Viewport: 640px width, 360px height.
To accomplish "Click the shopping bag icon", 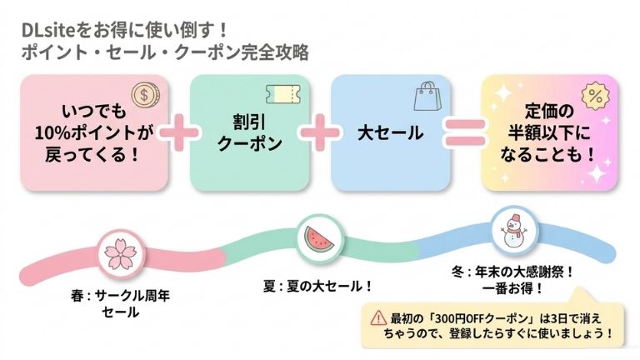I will point(427,95).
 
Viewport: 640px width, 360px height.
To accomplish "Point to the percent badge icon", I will point(596,94).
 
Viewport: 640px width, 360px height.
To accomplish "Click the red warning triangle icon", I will point(372,319).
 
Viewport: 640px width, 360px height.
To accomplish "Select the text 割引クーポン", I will point(249,133).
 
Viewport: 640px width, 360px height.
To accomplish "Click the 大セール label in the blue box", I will point(390,134).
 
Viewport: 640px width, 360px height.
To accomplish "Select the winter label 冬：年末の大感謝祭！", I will point(512,272).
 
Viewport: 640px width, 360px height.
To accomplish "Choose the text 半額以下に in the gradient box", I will point(550,133).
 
